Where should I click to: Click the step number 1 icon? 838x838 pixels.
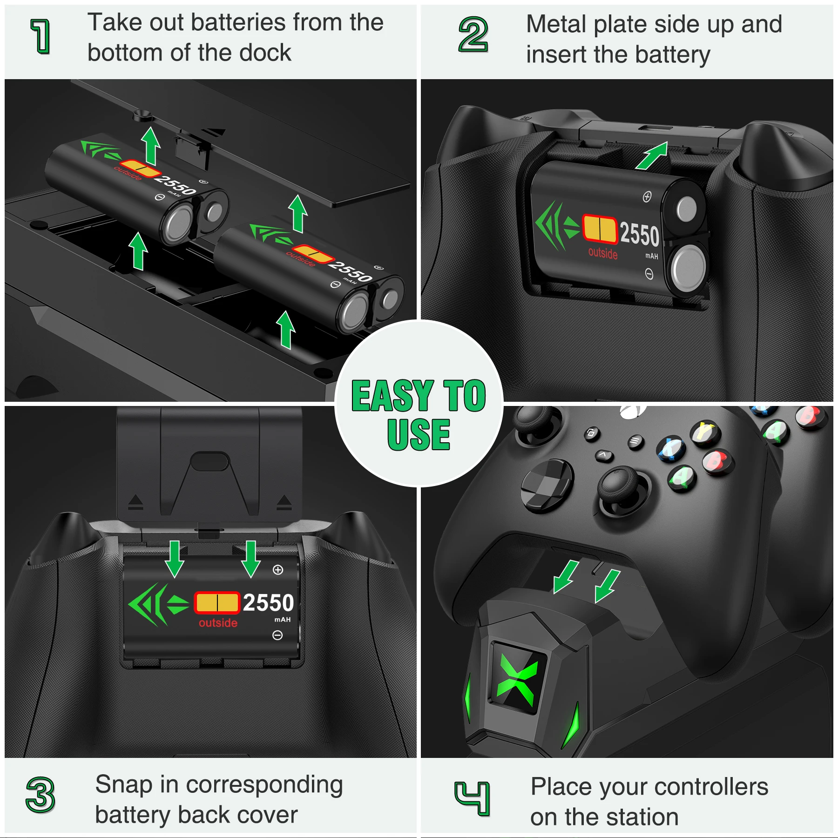(x=41, y=36)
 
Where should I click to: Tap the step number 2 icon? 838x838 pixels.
(x=473, y=34)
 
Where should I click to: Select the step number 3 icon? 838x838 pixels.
(x=41, y=795)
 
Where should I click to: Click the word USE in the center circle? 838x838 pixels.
(x=419, y=434)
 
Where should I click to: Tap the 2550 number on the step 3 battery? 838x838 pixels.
(x=269, y=603)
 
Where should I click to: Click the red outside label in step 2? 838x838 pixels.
(x=603, y=253)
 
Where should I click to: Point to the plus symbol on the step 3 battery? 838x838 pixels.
(x=278, y=570)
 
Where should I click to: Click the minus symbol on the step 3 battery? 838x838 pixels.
(x=277, y=635)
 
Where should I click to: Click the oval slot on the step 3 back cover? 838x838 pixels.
(x=210, y=461)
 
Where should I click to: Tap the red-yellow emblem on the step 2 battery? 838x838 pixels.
(x=600, y=229)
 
